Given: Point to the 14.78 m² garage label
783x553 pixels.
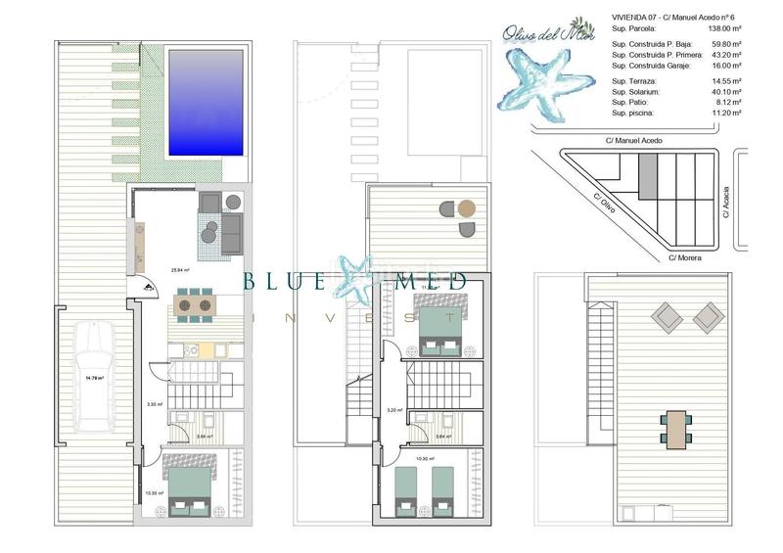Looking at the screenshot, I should (95, 378).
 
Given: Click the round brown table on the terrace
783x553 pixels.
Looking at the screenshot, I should (467, 208).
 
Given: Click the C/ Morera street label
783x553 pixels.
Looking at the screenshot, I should (686, 257).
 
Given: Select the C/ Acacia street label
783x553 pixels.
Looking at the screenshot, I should (726, 202).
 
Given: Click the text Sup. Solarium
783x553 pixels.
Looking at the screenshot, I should (637, 91).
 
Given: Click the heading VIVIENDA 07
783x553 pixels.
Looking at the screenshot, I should (633, 18).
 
